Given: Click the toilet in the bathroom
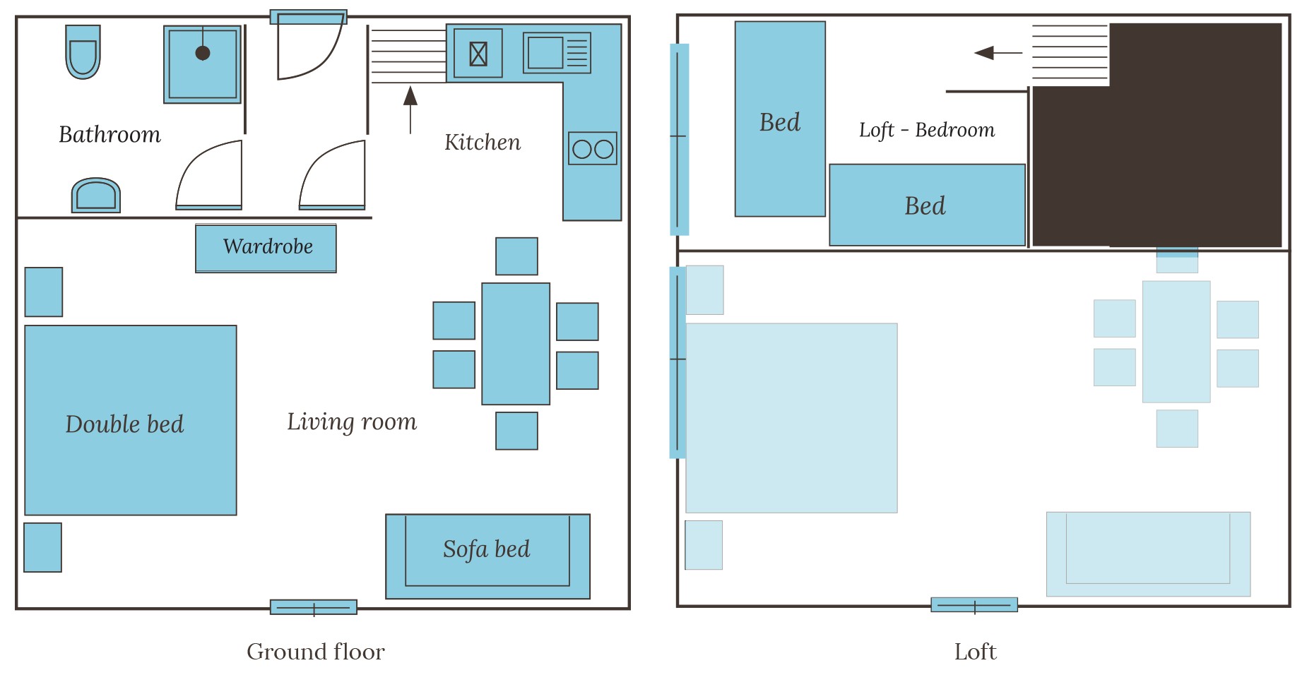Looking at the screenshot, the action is tap(83, 52).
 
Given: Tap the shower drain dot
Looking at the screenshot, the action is tap(203, 53).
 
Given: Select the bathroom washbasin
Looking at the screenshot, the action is tap(96, 195).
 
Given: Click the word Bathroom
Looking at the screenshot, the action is tap(110, 134).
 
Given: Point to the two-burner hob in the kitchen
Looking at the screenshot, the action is tap(593, 148).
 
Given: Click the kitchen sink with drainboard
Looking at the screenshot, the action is tap(557, 53).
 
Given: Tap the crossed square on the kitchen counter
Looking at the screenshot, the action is tap(478, 53).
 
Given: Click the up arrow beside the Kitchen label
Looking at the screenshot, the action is tap(410, 109).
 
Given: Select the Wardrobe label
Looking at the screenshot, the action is tap(268, 246).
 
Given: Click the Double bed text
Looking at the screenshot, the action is tap(124, 424).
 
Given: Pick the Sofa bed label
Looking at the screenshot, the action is tap(487, 549).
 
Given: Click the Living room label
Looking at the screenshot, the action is tap(352, 422).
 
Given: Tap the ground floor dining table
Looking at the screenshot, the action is tap(516, 344).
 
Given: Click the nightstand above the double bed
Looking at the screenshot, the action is tap(44, 292).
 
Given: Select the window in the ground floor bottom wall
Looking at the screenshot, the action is tap(314, 607).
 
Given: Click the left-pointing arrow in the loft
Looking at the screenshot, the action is tap(998, 53).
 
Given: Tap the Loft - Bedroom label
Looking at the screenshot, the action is tap(927, 130).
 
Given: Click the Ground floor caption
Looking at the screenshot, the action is tap(316, 651).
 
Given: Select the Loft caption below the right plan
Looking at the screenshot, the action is tap(975, 651).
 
